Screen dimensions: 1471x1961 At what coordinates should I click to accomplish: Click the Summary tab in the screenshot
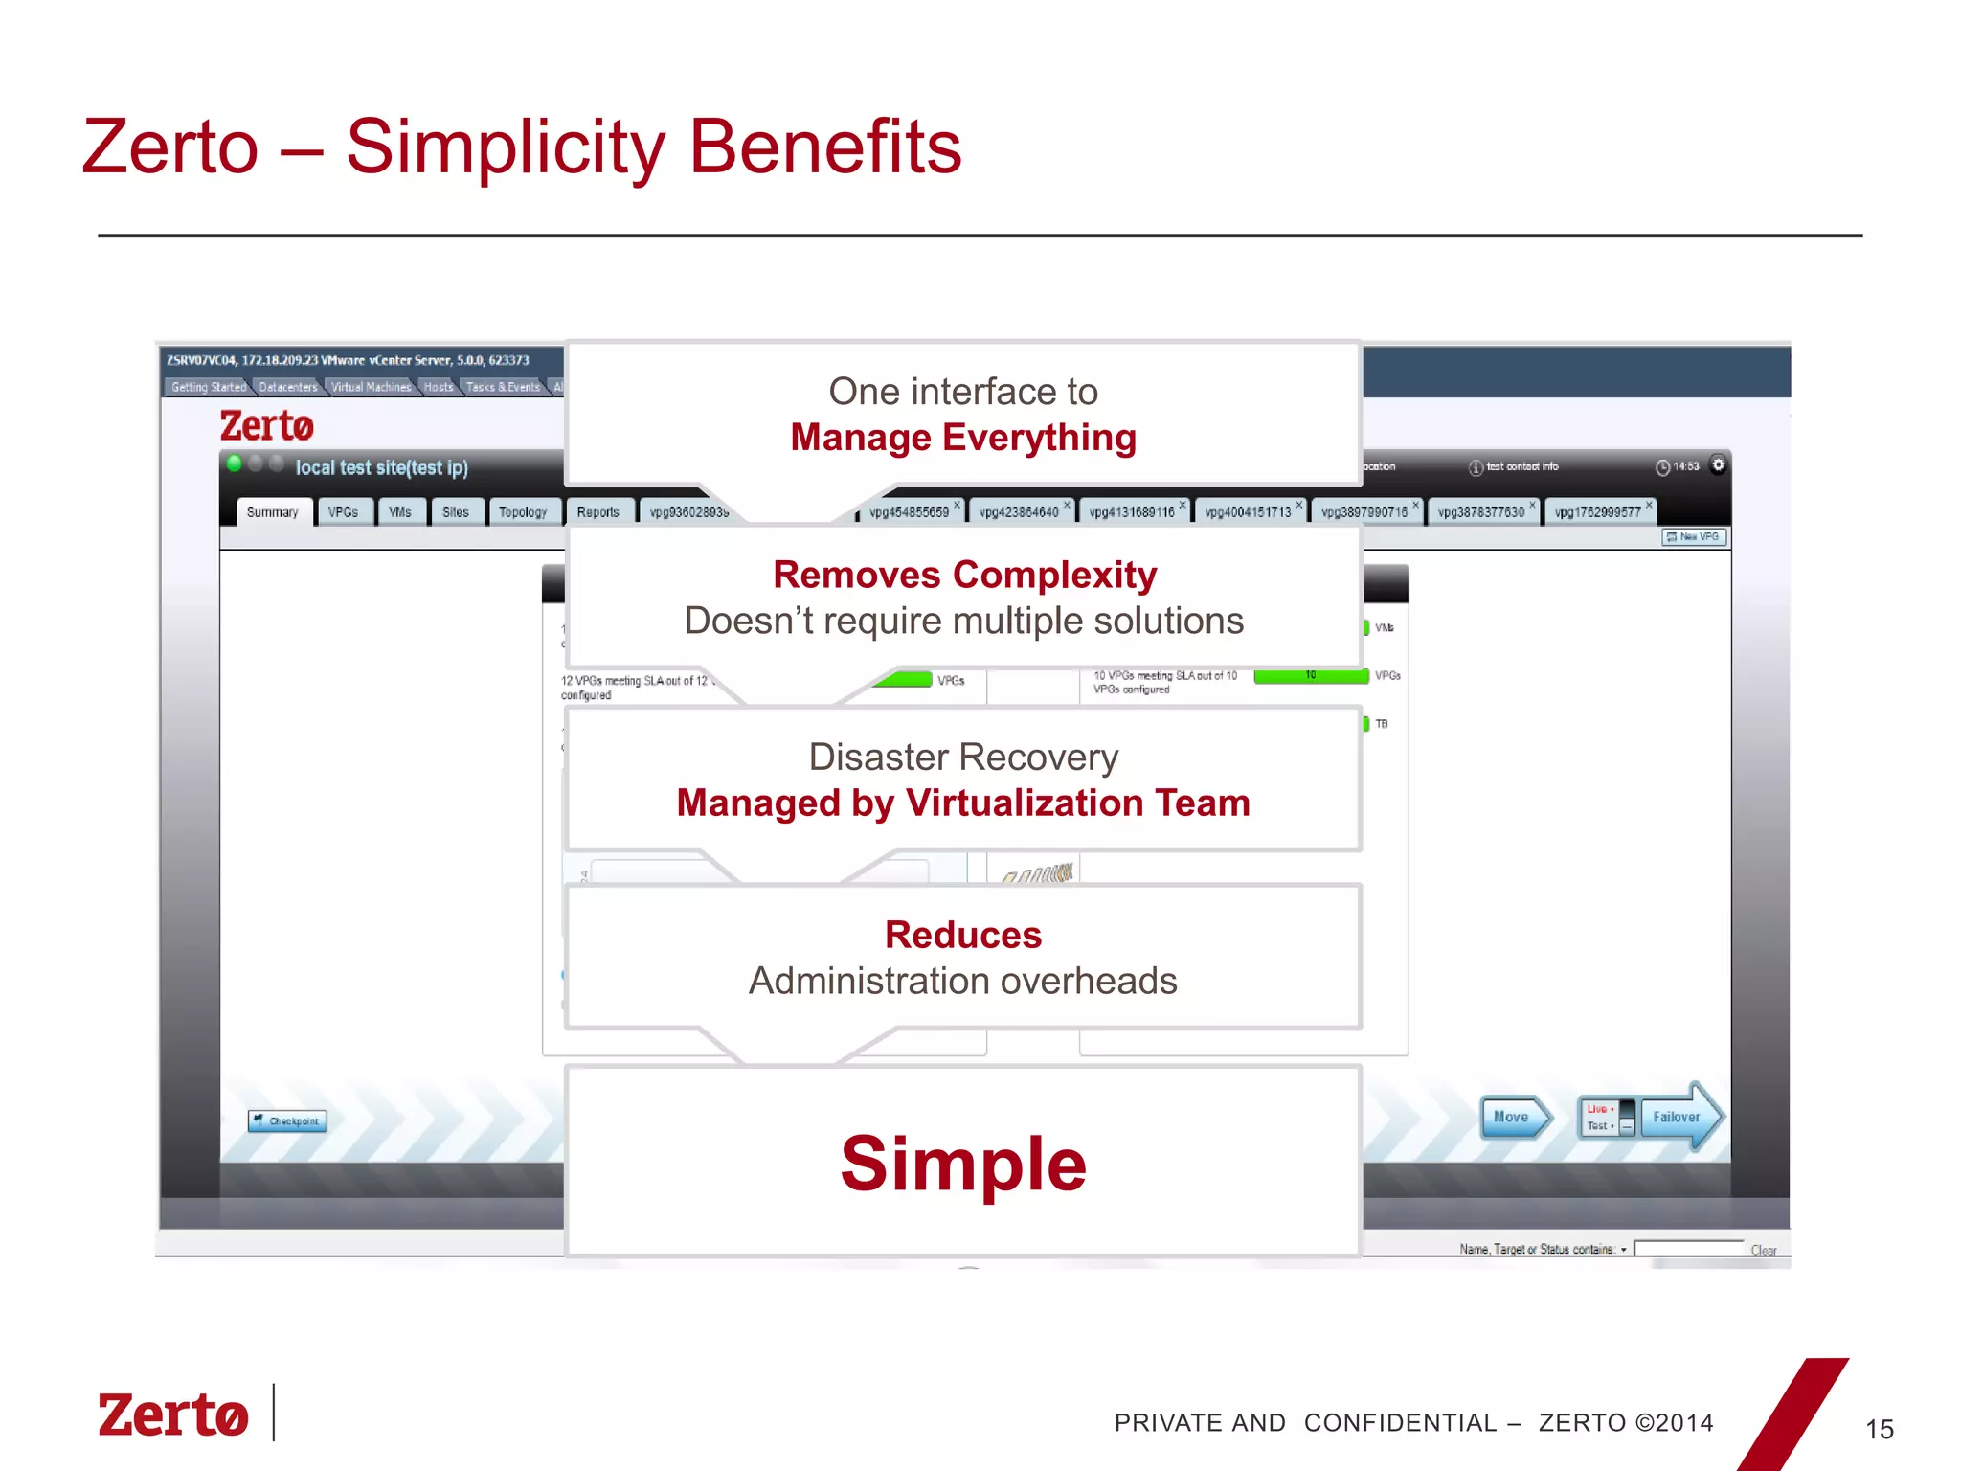(273, 512)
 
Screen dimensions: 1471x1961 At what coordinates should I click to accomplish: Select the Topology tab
(523, 512)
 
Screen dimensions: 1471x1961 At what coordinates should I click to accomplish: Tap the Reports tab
(598, 512)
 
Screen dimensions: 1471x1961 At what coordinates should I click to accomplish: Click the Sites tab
(456, 512)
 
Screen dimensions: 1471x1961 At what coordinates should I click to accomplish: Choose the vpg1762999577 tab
(1598, 512)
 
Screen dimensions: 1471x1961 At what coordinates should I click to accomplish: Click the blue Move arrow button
(1514, 1117)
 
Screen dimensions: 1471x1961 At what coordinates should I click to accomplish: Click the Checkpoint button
(287, 1120)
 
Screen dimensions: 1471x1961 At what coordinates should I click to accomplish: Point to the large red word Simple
(963, 1164)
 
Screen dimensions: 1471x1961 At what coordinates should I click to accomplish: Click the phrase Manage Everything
(963, 438)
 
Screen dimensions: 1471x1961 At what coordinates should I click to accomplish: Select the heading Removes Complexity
(964, 575)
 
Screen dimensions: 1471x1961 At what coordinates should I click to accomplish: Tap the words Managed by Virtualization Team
(963, 803)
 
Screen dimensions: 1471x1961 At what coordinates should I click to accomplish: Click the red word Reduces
(963, 935)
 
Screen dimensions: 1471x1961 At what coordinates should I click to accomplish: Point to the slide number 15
(1880, 1430)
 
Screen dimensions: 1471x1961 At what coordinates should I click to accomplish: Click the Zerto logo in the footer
(173, 1415)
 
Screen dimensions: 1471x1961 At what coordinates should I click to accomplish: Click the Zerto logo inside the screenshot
(267, 426)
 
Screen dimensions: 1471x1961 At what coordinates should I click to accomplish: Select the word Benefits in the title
(825, 147)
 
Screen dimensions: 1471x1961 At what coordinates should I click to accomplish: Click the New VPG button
(1694, 537)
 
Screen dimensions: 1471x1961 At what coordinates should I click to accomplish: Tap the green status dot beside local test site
(234, 464)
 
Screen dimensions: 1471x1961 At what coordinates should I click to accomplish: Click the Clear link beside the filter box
(1763, 1250)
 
